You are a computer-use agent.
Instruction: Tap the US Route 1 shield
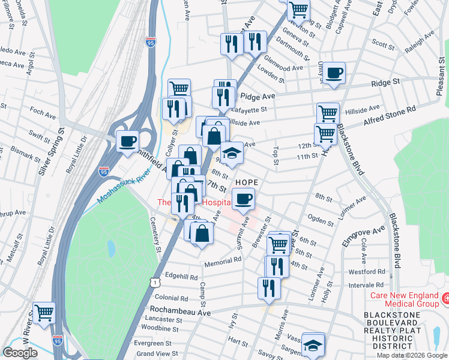tap(155, 281)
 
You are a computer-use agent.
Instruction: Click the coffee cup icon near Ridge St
tap(335, 74)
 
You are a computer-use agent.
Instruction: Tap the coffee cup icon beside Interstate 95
tap(127, 142)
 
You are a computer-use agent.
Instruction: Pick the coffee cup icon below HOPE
tap(243, 199)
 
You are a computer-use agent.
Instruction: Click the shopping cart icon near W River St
tap(44, 313)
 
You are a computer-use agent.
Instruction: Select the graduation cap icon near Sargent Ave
tap(313, 344)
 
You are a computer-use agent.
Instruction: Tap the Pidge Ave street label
tap(257, 96)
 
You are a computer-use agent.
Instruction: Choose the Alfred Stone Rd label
tap(389, 116)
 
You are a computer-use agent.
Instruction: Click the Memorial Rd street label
tap(222, 261)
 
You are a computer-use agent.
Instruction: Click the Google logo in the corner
tap(20, 353)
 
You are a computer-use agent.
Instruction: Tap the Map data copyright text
tap(411, 355)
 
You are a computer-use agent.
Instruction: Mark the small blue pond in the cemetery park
tap(110, 247)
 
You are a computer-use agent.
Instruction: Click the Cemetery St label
tap(155, 235)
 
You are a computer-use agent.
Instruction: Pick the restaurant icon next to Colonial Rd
tap(269, 287)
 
